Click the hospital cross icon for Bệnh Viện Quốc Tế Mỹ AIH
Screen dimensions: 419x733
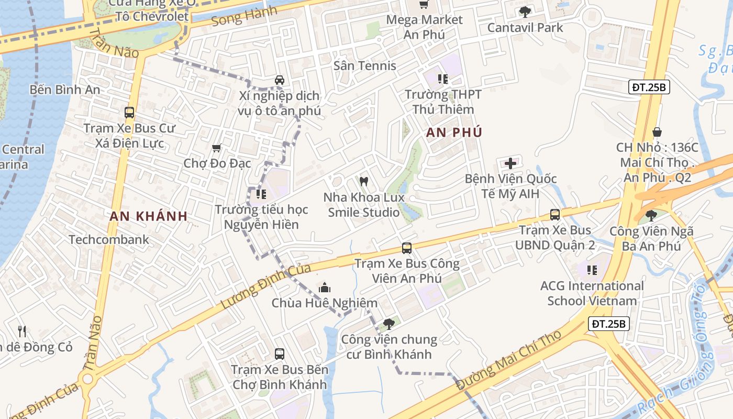(510, 163)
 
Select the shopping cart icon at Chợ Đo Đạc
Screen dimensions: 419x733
(217, 148)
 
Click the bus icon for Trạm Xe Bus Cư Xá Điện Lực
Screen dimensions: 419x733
(129, 112)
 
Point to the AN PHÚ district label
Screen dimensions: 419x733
(454, 133)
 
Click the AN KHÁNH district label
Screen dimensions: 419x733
(149, 216)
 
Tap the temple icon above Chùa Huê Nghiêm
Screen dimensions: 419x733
(325, 288)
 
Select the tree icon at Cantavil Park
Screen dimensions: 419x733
(525, 12)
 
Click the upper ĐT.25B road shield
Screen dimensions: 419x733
(649, 87)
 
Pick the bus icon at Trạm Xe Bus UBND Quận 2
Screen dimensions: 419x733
(555, 214)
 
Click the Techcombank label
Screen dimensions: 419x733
(109, 240)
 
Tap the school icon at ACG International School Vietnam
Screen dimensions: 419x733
(592, 270)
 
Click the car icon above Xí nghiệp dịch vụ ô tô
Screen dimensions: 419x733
(280, 80)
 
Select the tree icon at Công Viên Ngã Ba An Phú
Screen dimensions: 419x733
(651, 215)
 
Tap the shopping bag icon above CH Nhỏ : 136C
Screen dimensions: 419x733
(657, 132)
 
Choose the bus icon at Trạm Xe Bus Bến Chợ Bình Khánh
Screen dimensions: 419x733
(280, 354)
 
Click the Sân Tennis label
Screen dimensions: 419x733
(365, 66)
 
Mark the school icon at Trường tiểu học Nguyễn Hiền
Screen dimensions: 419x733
(261, 194)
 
